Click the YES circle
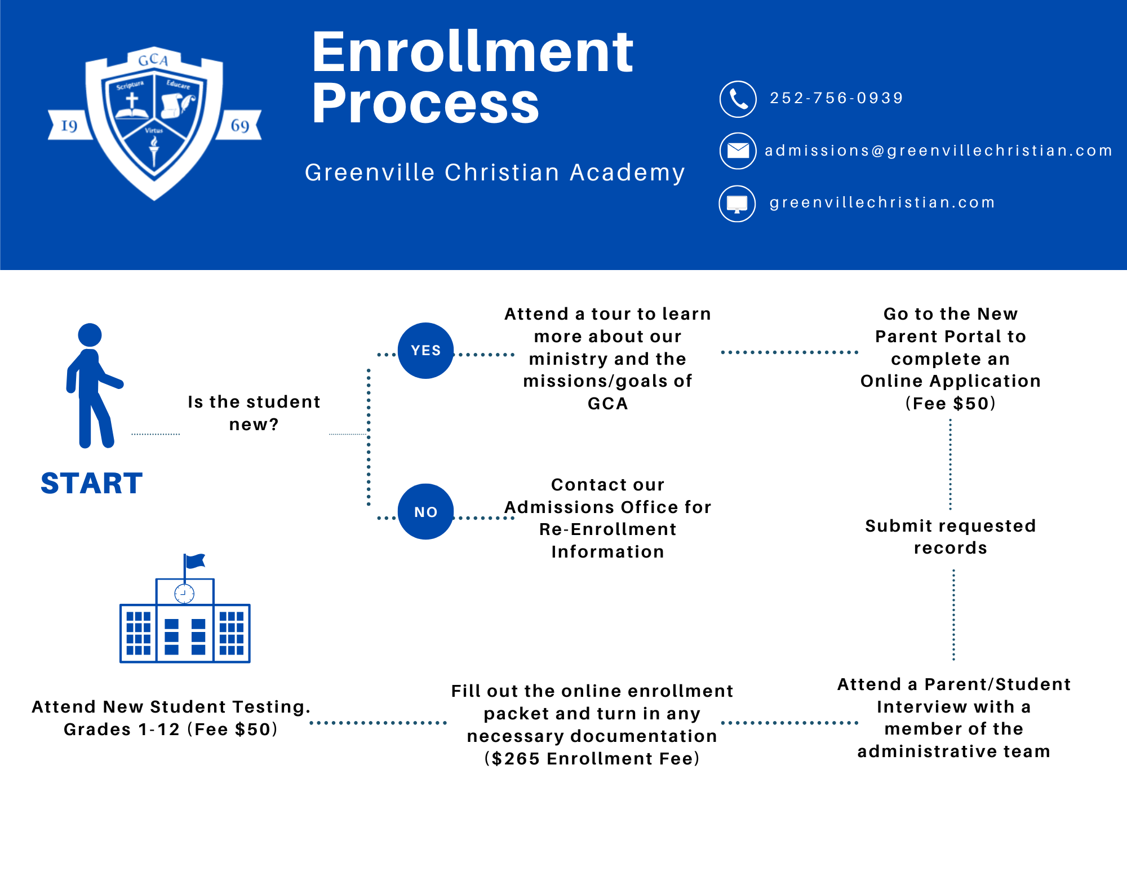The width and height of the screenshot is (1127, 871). [425, 350]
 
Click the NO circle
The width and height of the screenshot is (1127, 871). [425, 511]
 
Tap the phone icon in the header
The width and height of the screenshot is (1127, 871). [738, 99]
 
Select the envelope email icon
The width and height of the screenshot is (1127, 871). [738, 151]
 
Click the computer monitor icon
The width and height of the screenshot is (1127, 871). [737, 204]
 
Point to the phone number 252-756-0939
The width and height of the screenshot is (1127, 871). [837, 98]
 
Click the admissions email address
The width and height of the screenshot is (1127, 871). [939, 151]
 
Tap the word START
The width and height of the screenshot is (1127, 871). [92, 483]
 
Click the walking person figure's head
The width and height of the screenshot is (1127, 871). [90, 335]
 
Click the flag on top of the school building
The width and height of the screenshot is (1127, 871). [195, 560]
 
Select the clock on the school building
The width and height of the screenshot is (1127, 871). [184, 593]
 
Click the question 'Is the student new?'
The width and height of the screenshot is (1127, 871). [254, 413]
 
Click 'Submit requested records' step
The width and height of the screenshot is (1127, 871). [951, 537]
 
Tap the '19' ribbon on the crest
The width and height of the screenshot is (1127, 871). [70, 125]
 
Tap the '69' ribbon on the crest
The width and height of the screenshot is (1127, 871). [239, 125]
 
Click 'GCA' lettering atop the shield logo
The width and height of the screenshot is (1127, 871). [153, 60]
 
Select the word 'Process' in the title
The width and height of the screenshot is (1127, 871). [425, 103]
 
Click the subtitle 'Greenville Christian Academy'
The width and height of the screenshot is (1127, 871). [495, 172]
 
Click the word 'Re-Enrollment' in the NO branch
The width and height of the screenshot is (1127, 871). [607, 529]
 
